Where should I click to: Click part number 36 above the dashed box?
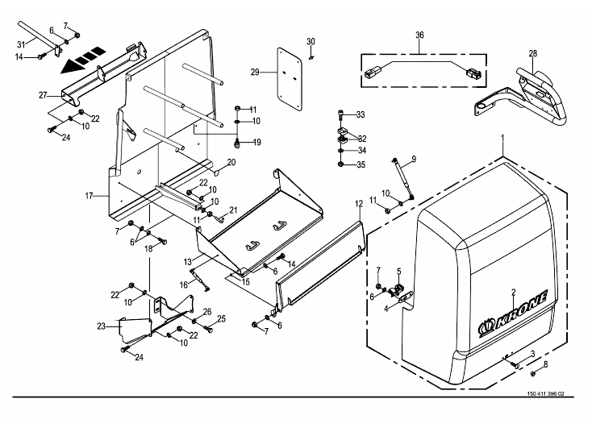point(419,35)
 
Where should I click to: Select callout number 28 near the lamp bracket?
point(532,53)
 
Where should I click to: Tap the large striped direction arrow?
point(84,59)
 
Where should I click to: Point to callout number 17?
point(89,196)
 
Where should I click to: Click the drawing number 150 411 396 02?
point(546,394)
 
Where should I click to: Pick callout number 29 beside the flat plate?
point(255,72)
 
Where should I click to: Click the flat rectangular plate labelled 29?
point(290,79)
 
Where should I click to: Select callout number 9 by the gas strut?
point(414,160)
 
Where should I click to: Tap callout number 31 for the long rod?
point(21,44)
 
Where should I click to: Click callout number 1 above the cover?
point(502,139)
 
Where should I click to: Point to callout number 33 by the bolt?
point(361,114)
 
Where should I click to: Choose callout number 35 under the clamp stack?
point(361,164)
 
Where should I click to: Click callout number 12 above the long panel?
point(358,204)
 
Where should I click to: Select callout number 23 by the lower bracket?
point(101,326)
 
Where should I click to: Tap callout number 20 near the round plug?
point(231,162)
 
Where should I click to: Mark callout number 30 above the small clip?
point(311,41)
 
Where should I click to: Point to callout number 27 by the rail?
point(43,95)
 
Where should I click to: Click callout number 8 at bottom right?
point(545,365)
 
